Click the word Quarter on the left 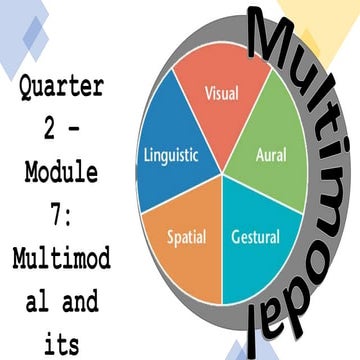[x=60, y=87]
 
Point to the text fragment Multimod [x=60, y=265]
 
